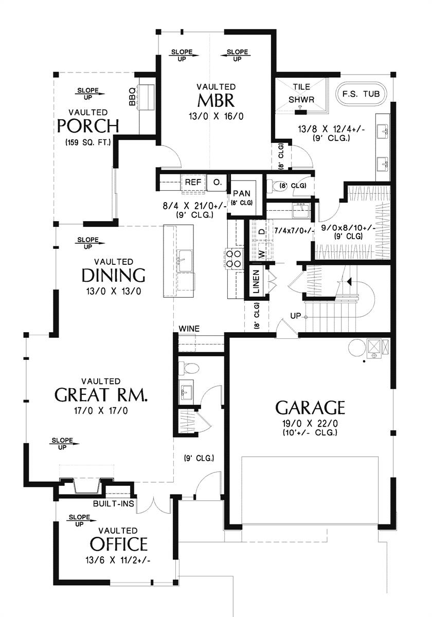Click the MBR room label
216,101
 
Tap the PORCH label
88,125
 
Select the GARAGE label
310,408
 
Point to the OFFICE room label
119,544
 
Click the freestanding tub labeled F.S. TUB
361,94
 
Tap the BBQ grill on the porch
146,97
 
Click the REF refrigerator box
193,182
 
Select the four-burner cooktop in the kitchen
233,259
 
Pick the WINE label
189,329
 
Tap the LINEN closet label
256,281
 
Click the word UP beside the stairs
296,316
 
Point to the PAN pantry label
242,193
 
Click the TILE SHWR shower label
301,93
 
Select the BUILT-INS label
114,503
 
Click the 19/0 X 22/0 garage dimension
310,423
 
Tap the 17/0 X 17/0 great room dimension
101,411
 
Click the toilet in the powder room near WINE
189,368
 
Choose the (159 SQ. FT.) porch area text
88,142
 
